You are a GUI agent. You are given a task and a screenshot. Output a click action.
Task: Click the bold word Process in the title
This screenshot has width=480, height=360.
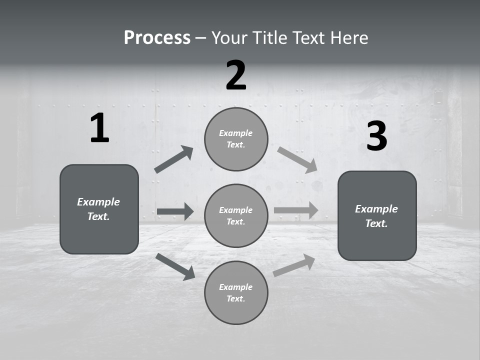[157, 38]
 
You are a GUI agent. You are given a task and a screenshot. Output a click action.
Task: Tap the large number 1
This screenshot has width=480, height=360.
[99, 128]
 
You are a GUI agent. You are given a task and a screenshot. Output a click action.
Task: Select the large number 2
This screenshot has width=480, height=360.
[236, 75]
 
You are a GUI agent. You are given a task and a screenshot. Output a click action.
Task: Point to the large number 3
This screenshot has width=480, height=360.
[376, 136]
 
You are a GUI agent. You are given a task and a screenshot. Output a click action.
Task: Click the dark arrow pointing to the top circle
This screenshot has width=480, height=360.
[173, 160]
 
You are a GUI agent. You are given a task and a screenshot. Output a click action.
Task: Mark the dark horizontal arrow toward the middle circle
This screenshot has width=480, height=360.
[175, 211]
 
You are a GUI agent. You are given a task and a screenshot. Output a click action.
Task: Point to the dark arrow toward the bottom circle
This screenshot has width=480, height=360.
[175, 266]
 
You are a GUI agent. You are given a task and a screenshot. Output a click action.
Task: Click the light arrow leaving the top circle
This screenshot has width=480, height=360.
[297, 160]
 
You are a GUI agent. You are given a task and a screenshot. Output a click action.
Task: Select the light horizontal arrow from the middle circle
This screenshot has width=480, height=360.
[296, 210]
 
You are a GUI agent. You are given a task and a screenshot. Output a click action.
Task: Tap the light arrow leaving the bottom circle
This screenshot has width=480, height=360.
[294, 265]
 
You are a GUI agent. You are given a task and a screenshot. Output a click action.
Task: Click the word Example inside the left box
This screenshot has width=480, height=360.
[98, 202]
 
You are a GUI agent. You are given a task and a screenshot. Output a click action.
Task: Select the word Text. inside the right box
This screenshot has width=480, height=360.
[376, 223]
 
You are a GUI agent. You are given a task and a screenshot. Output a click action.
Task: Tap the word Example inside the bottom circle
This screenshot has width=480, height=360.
[236, 287]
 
